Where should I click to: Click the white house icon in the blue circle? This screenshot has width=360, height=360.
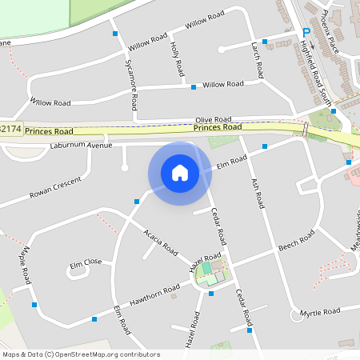click(x=180, y=173)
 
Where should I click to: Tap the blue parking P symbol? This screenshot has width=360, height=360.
click(x=306, y=32)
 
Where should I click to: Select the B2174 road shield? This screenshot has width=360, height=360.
click(x=10, y=129)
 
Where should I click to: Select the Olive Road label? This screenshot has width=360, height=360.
click(x=214, y=118)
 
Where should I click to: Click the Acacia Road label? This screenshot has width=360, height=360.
click(x=160, y=241)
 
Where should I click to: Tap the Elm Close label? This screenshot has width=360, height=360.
click(x=86, y=262)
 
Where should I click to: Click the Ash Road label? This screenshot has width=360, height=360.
click(x=257, y=192)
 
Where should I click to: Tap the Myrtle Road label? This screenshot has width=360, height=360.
click(x=320, y=311)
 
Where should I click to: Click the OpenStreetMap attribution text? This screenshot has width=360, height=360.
click(x=80, y=354)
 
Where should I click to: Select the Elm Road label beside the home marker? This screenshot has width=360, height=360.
click(x=233, y=162)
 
